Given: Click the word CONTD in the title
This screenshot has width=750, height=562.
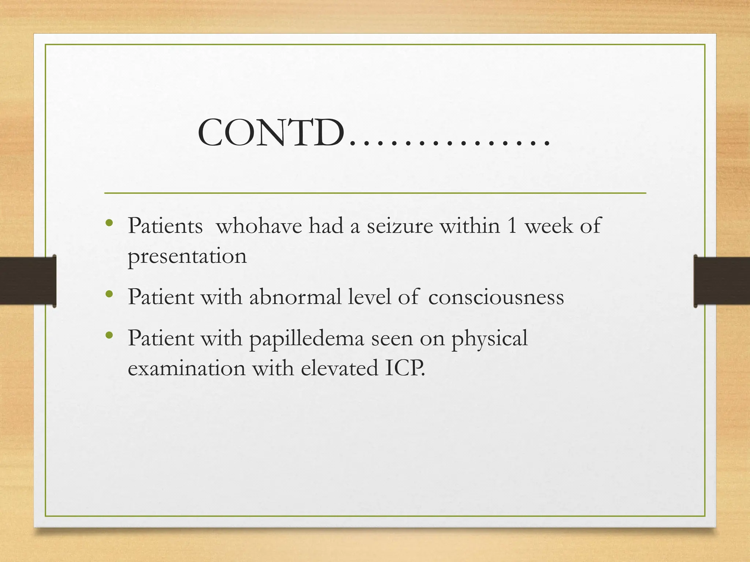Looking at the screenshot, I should (271, 134).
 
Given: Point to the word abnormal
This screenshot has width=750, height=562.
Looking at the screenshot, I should (295, 297).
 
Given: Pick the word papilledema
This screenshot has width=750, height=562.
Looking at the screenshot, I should (307, 338).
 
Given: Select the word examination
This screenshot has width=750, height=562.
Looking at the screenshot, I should (186, 368).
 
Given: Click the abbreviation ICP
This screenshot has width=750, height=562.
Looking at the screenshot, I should (405, 368).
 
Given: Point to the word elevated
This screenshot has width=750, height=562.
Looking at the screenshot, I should (339, 368).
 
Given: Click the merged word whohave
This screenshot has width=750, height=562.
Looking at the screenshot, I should (259, 226).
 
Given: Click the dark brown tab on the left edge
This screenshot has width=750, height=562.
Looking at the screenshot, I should (28, 281).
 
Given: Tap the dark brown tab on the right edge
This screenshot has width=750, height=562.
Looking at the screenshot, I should (722, 281).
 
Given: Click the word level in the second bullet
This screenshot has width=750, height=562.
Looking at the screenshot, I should (370, 297).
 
